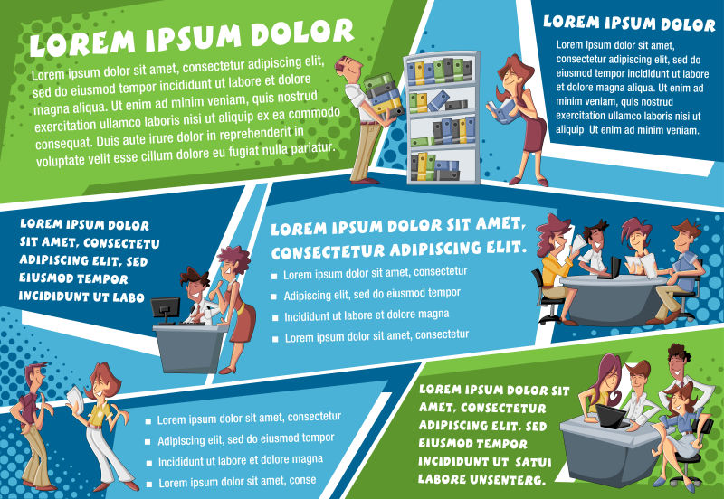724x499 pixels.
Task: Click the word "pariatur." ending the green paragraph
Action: (311, 148)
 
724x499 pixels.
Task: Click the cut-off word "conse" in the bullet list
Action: (303, 480)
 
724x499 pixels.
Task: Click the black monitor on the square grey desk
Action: (165, 308)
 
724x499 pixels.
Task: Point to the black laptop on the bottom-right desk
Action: (611, 417)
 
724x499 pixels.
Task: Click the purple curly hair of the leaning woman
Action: (234, 259)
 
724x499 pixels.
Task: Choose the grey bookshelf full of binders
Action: (442, 118)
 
